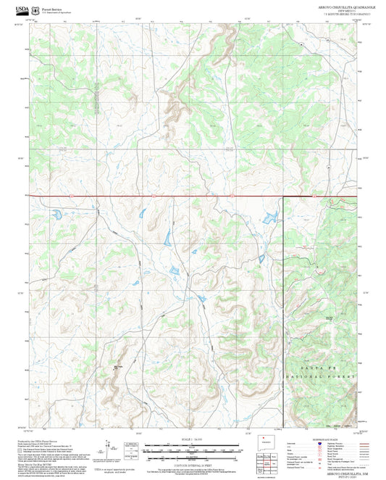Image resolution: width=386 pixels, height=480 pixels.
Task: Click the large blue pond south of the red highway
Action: (x=271, y=217)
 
